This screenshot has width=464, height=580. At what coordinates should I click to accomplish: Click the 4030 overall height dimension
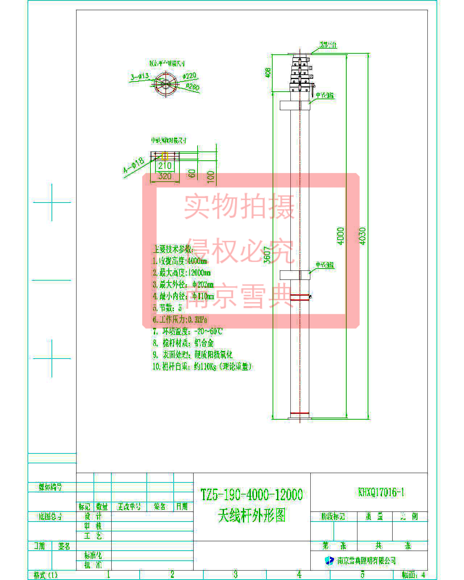click(x=362, y=236)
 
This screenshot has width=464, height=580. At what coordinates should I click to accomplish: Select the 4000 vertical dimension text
click(x=341, y=236)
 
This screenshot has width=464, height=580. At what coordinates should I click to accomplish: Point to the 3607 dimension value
click(x=267, y=254)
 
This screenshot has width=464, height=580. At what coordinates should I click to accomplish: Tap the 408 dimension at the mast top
click(x=268, y=72)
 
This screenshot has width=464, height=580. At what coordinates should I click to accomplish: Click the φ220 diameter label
click(x=189, y=76)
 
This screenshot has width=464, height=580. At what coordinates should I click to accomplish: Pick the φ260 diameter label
click(x=192, y=87)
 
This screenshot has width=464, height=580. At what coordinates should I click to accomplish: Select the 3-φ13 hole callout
click(x=140, y=76)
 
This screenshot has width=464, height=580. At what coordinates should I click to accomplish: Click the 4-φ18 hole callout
click(x=133, y=167)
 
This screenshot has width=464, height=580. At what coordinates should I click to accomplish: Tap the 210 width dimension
click(x=165, y=166)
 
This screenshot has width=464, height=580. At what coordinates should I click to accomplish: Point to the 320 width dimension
click(x=165, y=176)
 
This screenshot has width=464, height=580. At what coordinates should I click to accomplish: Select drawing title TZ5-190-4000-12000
click(x=252, y=494)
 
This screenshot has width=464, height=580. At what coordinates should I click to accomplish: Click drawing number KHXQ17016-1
click(x=381, y=492)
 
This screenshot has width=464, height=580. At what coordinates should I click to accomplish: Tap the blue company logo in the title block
click(x=329, y=560)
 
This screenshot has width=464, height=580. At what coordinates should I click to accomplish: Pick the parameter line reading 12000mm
click(x=182, y=273)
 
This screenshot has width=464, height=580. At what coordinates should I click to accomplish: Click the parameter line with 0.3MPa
click(x=180, y=319)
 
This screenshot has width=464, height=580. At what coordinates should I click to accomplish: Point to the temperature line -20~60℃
click(x=187, y=331)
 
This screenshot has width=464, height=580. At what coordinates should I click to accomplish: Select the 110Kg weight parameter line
click(x=202, y=366)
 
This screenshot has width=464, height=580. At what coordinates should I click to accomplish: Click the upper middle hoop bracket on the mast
click(x=295, y=105)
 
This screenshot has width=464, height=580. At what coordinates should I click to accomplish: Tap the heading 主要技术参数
click(x=173, y=249)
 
